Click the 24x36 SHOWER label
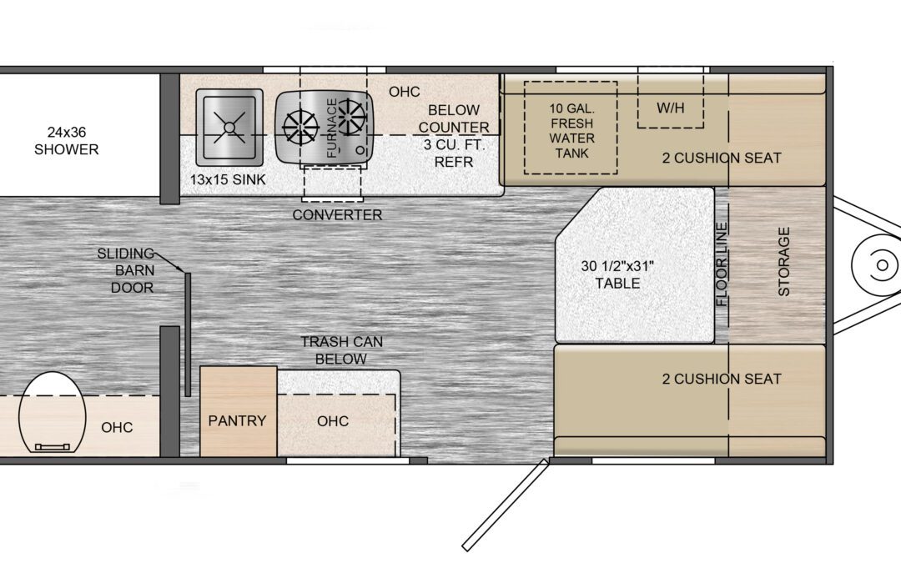pyautogui.click(x=66, y=141)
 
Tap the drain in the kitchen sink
pyautogui.click(x=229, y=127)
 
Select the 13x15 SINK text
pyautogui.click(x=228, y=180)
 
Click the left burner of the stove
pyautogui.click(x=300, y=127)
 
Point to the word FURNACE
pyautogui.click(x=332, y=128)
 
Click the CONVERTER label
pyautogui.click(x=337, y=215)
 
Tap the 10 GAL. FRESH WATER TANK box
pyautogui.click(x=571, y=128)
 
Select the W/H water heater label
pyautogui.click(x=671, y=108)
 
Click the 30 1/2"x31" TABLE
pyautogui.click(x=634, y=265)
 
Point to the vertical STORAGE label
pyautogui.click(x=784, y=261)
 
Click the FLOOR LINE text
pyautogui.click(x=722, y=264)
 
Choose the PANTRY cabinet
pyautogui.click(x=238, y=411)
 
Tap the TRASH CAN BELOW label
pyautogui.click(x=341, y=350)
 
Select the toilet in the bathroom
pyautogui.click(x=53, y=413)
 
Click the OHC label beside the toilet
pyautogui.click(x=117, y=427)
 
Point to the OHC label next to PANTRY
pyautogui.click(x=333, y=421)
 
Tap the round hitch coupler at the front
pyautogui.click(x=881, y=265)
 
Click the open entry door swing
pyautogui.click(x=505, y=505)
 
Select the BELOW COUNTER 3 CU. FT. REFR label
pyautogui.click(x=454, y=136)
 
